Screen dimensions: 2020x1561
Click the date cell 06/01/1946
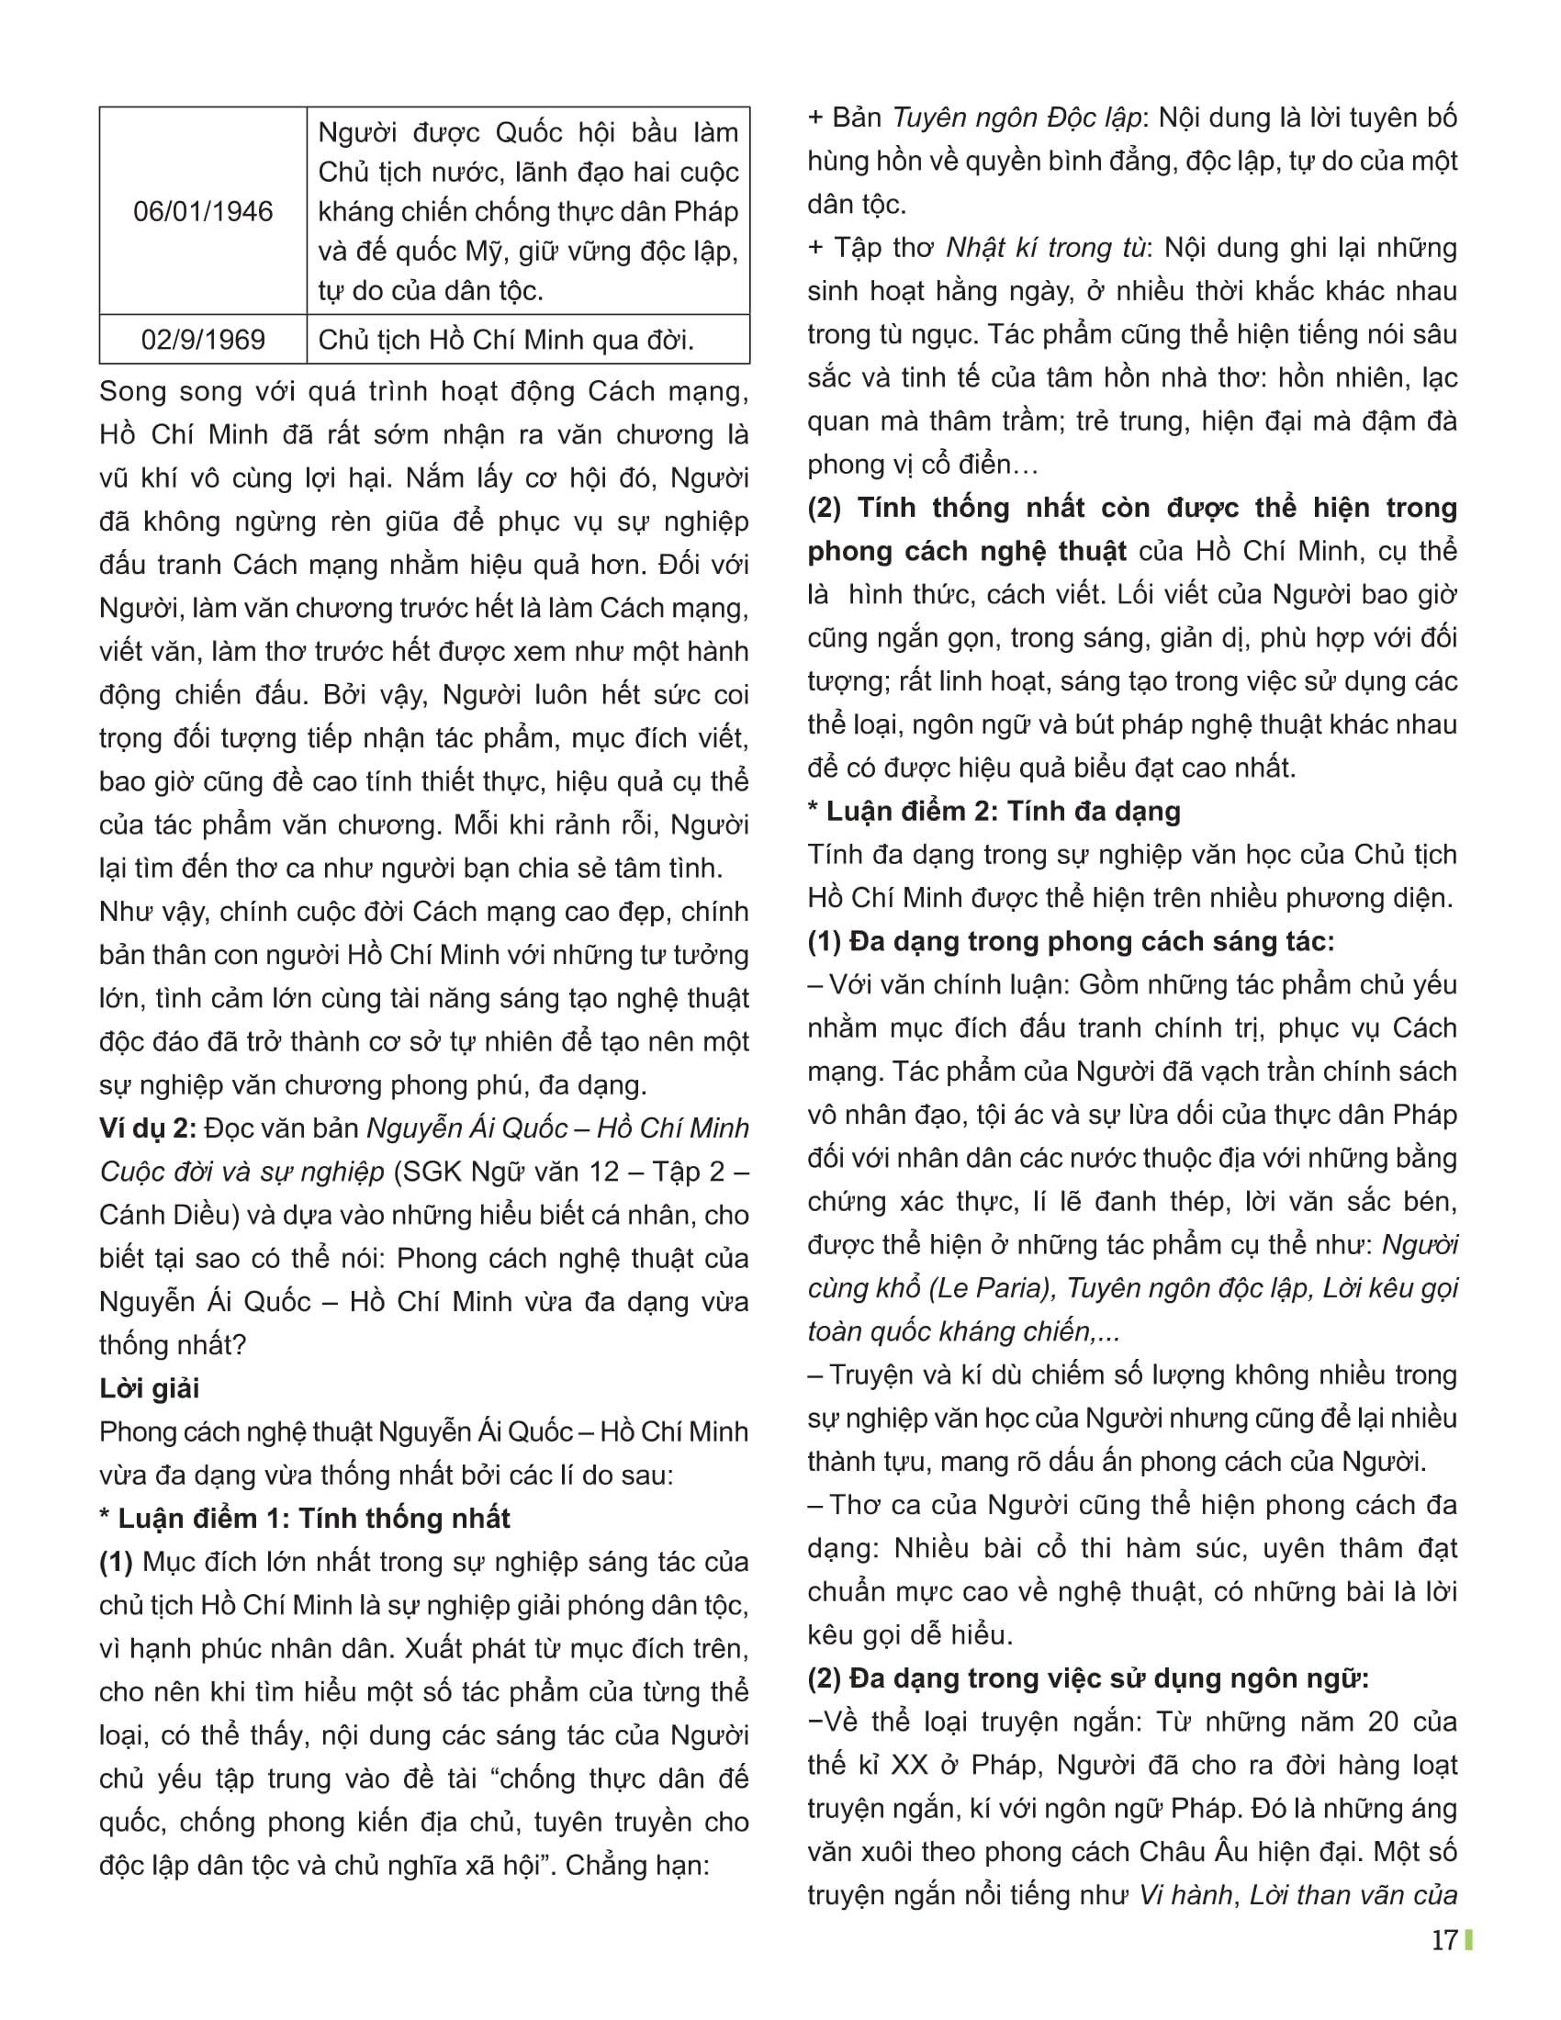tap(203, 212)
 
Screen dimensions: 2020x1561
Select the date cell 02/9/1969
tap(203, 340)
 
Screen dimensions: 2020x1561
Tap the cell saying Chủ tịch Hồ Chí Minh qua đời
tap(506, 340)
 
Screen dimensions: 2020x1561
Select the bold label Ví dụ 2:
tap(148, 1128)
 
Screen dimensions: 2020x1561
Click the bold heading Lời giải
tap(149, 1388)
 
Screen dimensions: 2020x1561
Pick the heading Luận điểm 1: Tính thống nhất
tap(305, 1518)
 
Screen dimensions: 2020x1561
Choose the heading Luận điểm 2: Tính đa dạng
tap(994, 811)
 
